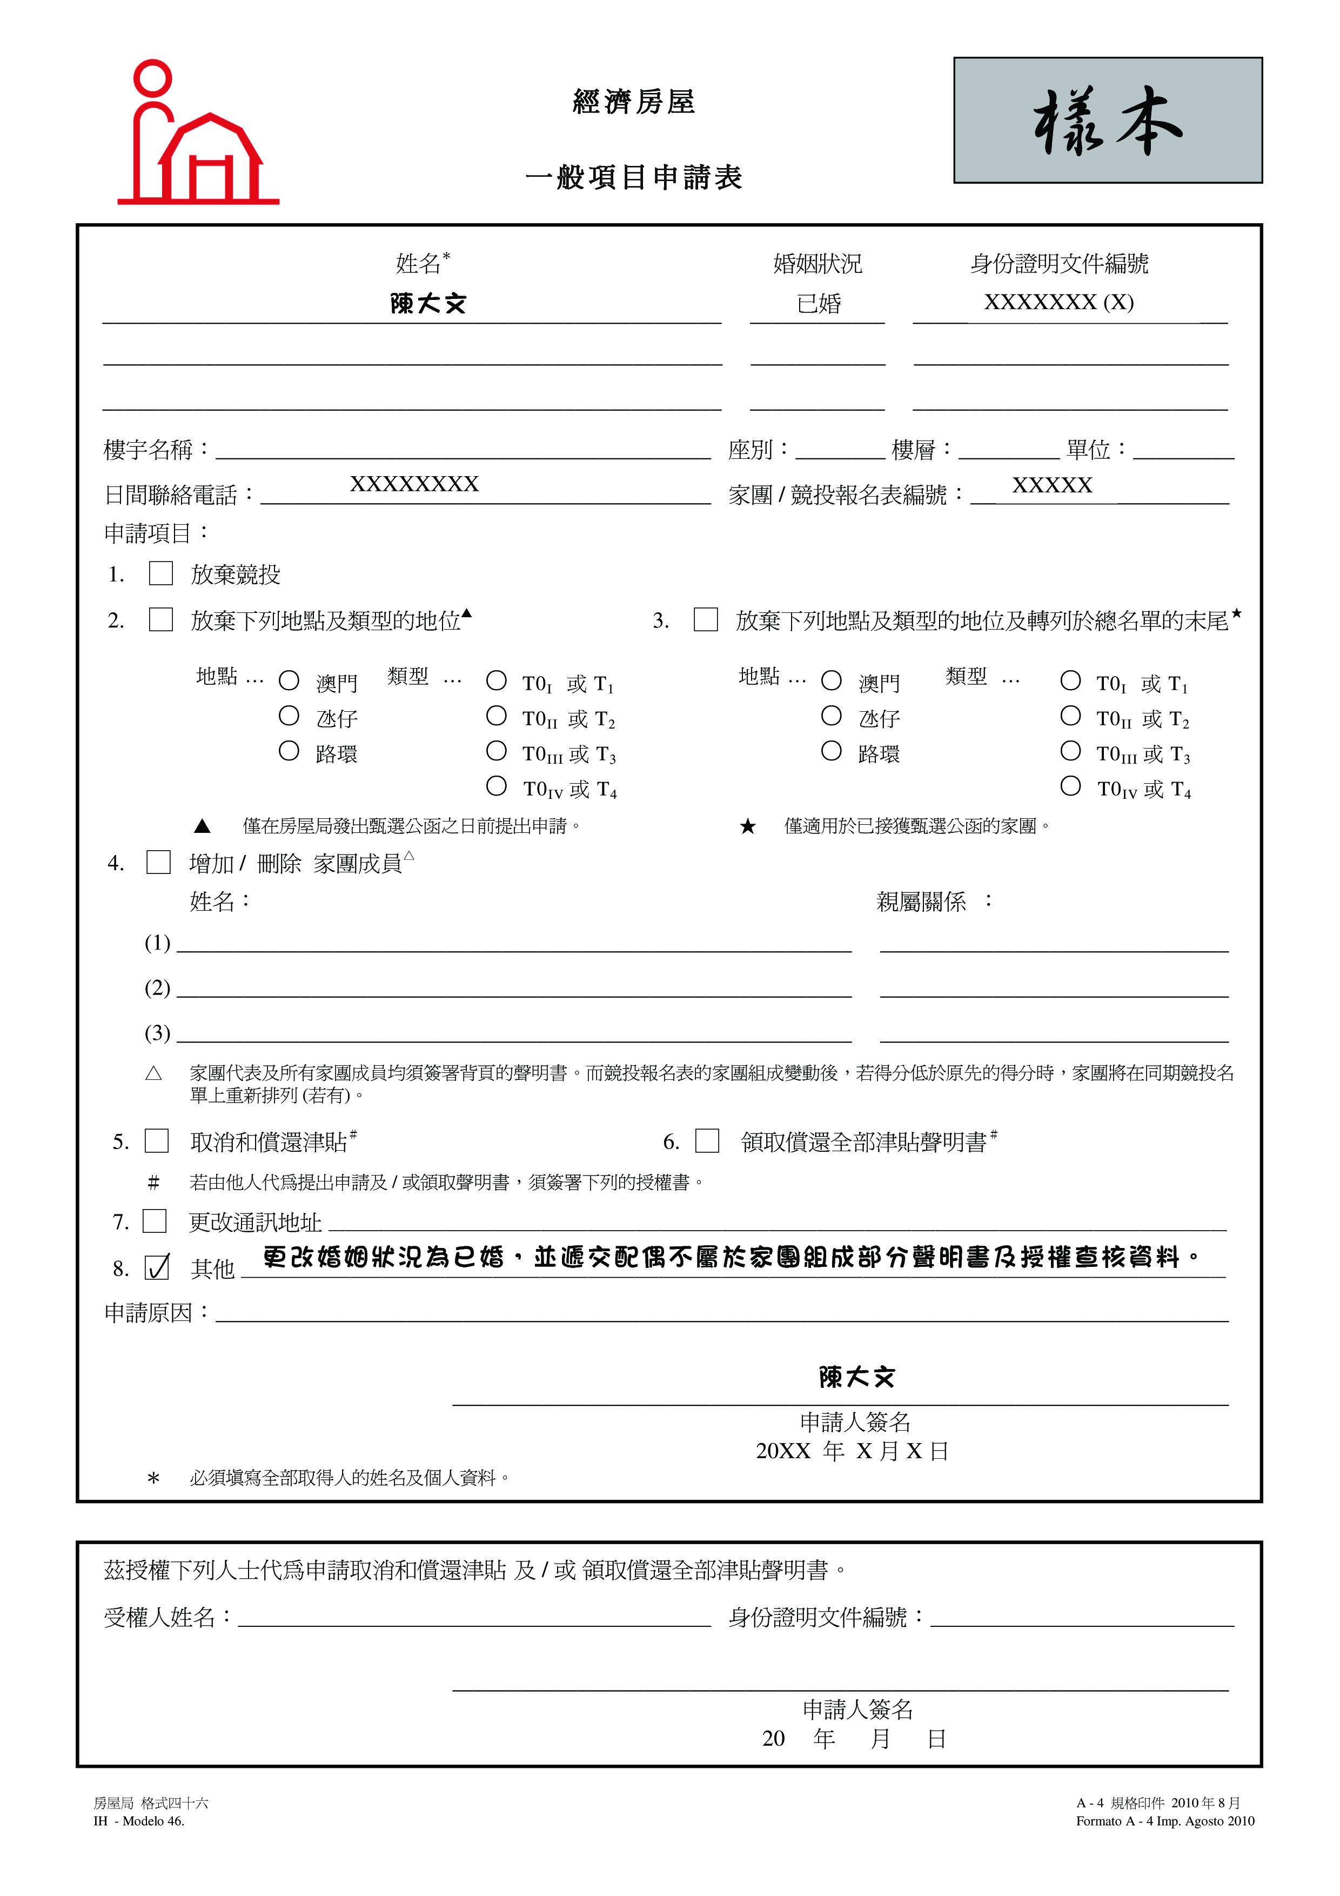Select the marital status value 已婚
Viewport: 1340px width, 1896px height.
point(818,304)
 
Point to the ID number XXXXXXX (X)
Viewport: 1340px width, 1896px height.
point(1058,302)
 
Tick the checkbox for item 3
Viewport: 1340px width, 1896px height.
point(706,619)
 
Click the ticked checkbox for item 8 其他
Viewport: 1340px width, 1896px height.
point(157,1267)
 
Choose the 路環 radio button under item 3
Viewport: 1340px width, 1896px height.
point(832,751)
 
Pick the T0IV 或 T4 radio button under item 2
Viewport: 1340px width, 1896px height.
point(496,786)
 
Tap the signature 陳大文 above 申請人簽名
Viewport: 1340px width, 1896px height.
point(856,1377)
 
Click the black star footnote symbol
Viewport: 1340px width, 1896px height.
point(748,826)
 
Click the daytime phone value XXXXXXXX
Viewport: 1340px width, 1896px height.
point(414,484)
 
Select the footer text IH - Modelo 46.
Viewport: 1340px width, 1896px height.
point(139,1821)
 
